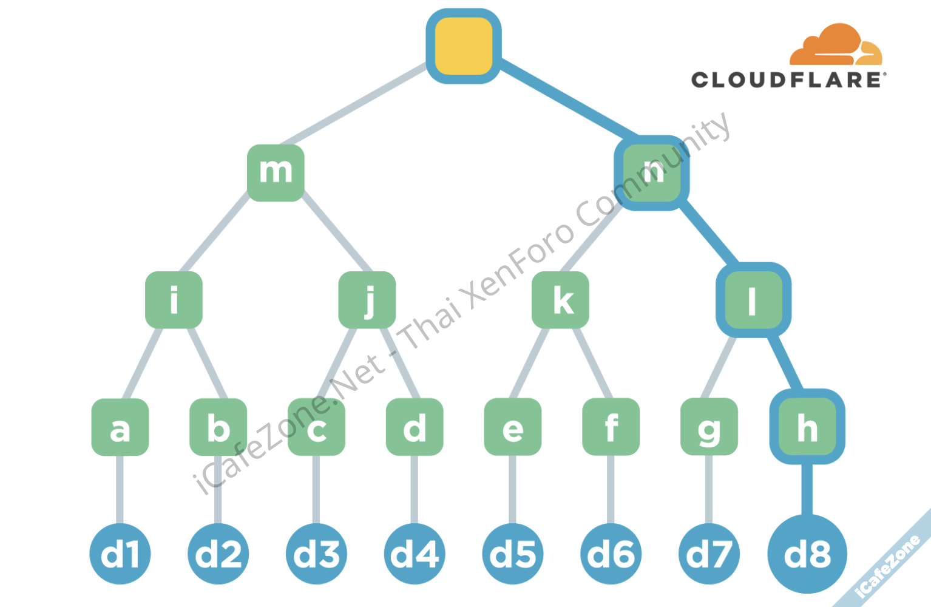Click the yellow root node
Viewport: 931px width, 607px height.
(463, 46)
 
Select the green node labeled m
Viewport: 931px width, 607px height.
(276, 172)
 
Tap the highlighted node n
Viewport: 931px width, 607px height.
(652, 173)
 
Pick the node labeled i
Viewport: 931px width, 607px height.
(174, 300)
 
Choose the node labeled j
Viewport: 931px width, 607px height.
(367, 300)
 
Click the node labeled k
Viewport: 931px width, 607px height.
(560, 300)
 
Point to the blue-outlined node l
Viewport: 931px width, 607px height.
(753, 300)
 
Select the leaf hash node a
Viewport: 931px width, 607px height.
(120, 427)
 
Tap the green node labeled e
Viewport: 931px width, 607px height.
(513, 427)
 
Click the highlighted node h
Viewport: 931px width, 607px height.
(807, 427)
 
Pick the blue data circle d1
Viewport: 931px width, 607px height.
(120, 554)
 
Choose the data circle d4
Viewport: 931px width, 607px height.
(415, 554)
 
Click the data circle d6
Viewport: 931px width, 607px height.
(611, 554)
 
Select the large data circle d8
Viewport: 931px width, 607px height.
(807, 554)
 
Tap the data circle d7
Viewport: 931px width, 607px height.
(709, 554)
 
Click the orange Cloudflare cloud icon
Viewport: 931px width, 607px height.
(835, 46)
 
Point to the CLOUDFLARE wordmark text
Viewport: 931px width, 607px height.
(788, 80)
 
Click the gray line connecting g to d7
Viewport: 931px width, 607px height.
(709, 489)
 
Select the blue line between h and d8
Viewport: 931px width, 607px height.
(807, 489)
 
